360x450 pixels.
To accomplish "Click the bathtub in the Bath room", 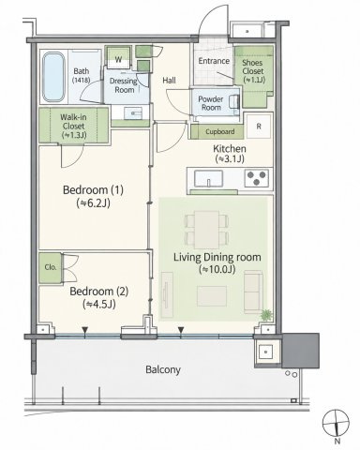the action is (x=53, y=77).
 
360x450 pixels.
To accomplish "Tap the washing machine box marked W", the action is (x=118, y=57).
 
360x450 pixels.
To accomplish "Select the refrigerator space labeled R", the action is (x=259, y=127).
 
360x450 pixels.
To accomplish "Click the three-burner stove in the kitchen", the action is (x=256, y=178).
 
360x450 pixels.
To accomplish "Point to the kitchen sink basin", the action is (x=208, y=179).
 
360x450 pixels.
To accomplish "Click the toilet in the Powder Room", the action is (x=234, y=102).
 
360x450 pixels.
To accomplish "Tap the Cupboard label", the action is (x=220, y=131).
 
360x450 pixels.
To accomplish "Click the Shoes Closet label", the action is (x=253, y=71).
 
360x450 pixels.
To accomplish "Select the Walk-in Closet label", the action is (x=74, y=126).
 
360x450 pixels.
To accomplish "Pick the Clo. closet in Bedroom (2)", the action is (x=51, y=268).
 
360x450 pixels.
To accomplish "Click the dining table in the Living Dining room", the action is (x=206, y=230).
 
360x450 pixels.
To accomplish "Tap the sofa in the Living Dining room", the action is (x=253, y=292).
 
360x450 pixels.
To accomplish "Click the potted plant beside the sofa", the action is (x=266, y=315).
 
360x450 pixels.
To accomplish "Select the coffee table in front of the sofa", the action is (x=212, y=296).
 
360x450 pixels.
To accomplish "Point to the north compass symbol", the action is (x=336, y=424).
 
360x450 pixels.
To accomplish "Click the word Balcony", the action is (x=163, y=370).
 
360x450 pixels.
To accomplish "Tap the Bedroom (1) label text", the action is (x=93, y=190).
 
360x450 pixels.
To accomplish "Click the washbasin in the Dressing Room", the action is (x=133, y=112).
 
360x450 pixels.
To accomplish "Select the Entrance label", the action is (x=214, y=61).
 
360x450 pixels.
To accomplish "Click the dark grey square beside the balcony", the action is (x=301, y=351).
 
